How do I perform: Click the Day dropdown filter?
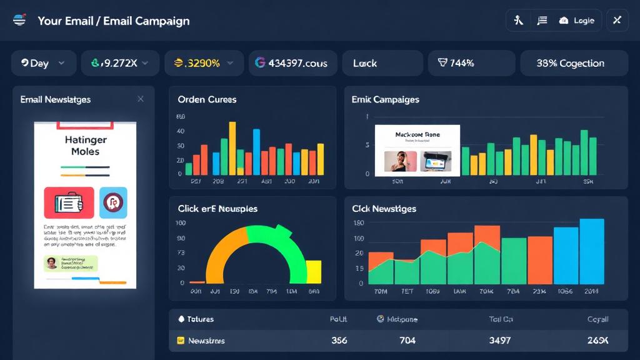click(x=43, y=63)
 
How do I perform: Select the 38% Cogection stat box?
click(x=570, y=63)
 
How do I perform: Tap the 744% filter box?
click(x=471, y=63)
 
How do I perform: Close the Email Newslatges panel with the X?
click(x=141, y=99)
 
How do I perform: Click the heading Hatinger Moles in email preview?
click(x=85, y=146)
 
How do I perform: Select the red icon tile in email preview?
click(x=69, y=202)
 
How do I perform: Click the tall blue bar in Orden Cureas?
click(x=256, y=151)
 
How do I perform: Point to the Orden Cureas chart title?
click(x=207, y=99)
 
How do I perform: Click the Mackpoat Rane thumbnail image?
click(x=417, y=151)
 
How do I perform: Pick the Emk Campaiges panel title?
click(x=385, y=99)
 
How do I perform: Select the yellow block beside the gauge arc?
click(x=313, y=272)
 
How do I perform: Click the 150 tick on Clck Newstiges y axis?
click(x=359, y=223)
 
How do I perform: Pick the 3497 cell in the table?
click(x=500, y=341)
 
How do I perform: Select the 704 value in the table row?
click(x=407, y=341)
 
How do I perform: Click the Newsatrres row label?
click(x=206, y=341)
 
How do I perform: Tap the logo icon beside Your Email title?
click(x=19, y=20)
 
